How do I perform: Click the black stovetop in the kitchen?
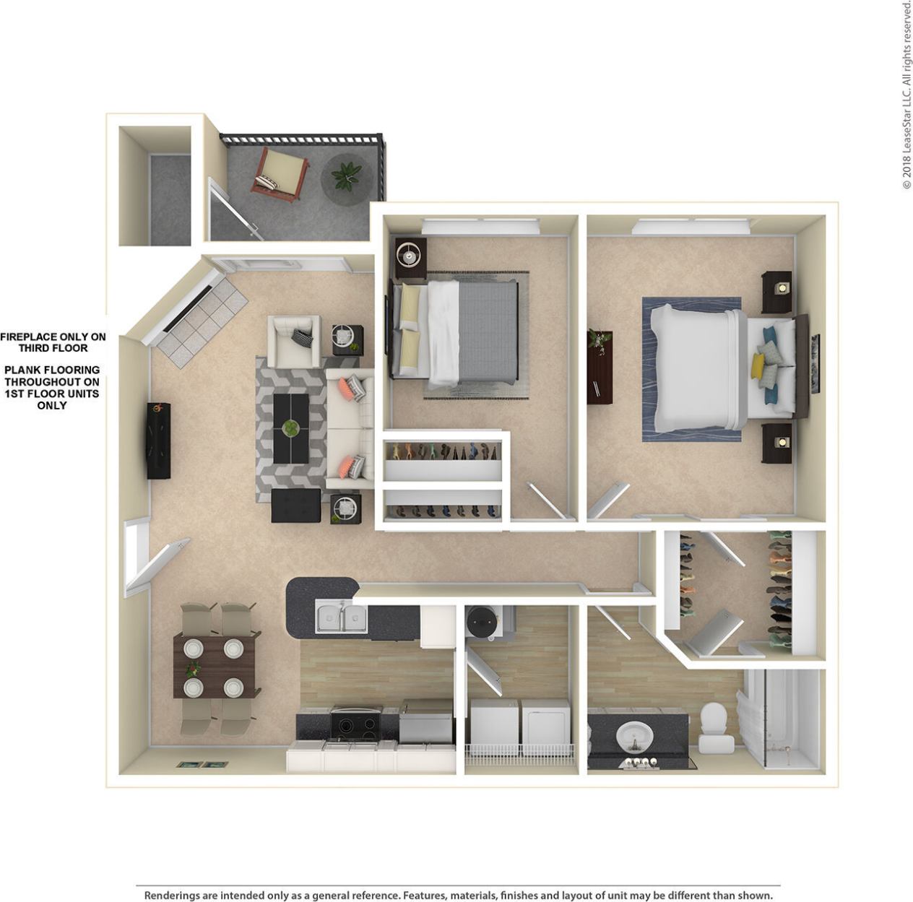pos(356,723)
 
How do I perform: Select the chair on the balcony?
pos(280,173)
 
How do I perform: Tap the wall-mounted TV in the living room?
pos(159,441)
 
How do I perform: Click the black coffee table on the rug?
pos(290,427)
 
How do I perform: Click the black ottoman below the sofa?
pos(296,506)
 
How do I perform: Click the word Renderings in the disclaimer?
pos(174,896)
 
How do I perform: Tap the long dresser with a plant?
pos(600,366)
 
